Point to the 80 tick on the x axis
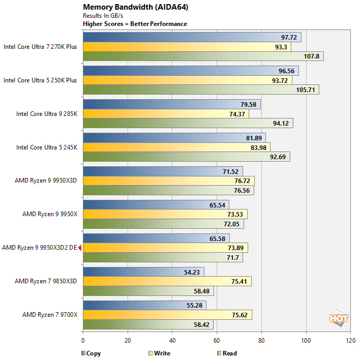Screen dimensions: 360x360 261,341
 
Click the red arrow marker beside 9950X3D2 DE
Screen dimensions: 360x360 80,248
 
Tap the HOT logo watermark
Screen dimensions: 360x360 339,319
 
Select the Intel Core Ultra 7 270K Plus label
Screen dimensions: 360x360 40,46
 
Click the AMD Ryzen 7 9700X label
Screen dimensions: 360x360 50,315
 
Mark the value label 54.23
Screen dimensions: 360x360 192,272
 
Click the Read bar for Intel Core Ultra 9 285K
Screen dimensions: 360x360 188,124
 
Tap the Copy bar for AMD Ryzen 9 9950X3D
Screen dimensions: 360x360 163,171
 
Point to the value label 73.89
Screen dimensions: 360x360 235,248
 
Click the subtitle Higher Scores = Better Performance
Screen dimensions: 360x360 135,24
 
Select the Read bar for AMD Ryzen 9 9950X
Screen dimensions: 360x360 163,224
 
